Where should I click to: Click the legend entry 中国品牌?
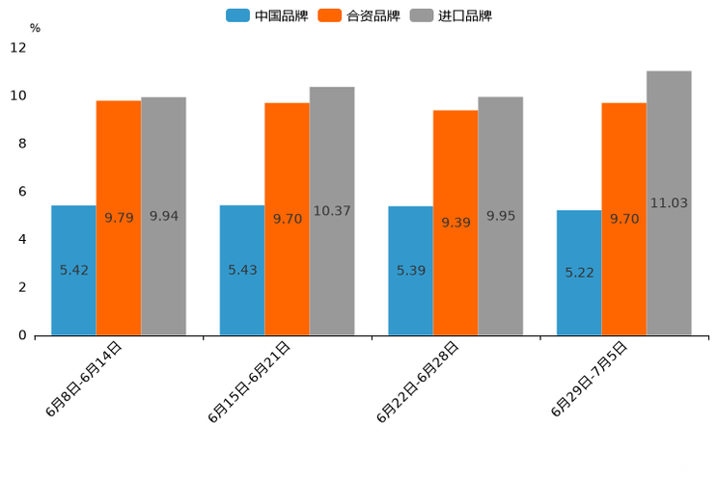coord(267,15)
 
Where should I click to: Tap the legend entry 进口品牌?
coord(451,15)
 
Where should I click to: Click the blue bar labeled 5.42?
coord(73,271)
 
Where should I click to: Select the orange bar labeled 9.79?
coord(119,218)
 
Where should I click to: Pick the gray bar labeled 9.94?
coord(163,216)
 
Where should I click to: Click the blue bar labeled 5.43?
coord(242,271)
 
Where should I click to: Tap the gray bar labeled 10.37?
coord(332,211)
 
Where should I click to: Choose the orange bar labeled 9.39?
coord(456,223)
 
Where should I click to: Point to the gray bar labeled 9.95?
coord(500,216)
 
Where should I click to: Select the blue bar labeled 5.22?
coord(579,273)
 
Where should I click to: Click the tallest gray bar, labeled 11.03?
coord(669,203)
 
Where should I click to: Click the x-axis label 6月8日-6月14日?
coord(84,379)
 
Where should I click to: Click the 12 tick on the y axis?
coord(19,47)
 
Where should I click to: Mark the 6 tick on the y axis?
coord(21,191)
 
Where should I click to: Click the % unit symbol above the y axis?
coord(35,28)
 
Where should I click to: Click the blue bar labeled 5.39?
coord(410,271)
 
